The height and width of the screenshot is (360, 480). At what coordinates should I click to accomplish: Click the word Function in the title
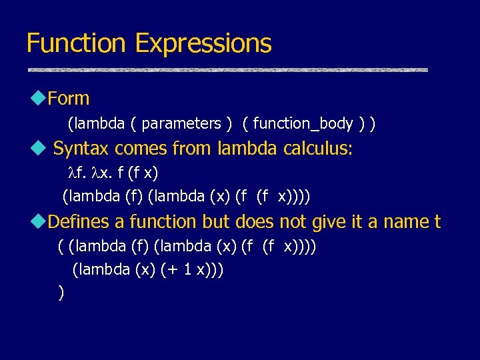pyautogui.click(x=76, y=43)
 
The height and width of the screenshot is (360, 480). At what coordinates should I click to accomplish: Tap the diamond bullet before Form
pyautogui.click(x=36, y=99)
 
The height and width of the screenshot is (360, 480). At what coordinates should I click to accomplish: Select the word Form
pyautogui.click(x=69, y=99)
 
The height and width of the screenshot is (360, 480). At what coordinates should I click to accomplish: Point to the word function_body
pyautogui.click(x=303, y=124)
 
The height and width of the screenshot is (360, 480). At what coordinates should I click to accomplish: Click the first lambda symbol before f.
pyautogui.click(x=73, y=173)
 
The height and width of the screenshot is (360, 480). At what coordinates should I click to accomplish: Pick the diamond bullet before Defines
pyautogui.click(x=36, y=221)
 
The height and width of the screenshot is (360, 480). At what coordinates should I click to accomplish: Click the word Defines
pyautogui.click(x=87, y=221)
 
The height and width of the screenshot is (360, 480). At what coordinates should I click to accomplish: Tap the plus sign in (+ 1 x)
pyautogui.click(x=172, y=270)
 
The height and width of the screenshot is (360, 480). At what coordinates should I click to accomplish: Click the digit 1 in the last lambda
pyautogui.click(x=187, y=270)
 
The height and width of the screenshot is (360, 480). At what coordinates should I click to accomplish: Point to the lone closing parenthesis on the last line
pyautogui.click(x=61, y=293)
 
